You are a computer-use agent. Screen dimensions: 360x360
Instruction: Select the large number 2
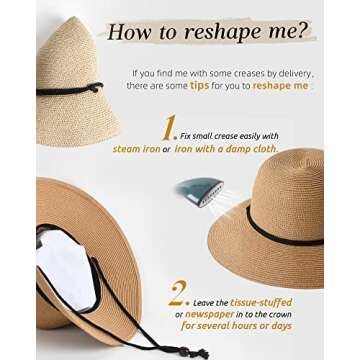[179, 293]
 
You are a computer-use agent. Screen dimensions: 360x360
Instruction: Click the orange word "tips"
[200, 86]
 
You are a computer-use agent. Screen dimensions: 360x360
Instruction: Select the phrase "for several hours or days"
[236, 326]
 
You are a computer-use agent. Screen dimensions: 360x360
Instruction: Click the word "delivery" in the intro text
[293, 73]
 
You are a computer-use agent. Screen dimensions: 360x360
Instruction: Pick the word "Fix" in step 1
[186, 135]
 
